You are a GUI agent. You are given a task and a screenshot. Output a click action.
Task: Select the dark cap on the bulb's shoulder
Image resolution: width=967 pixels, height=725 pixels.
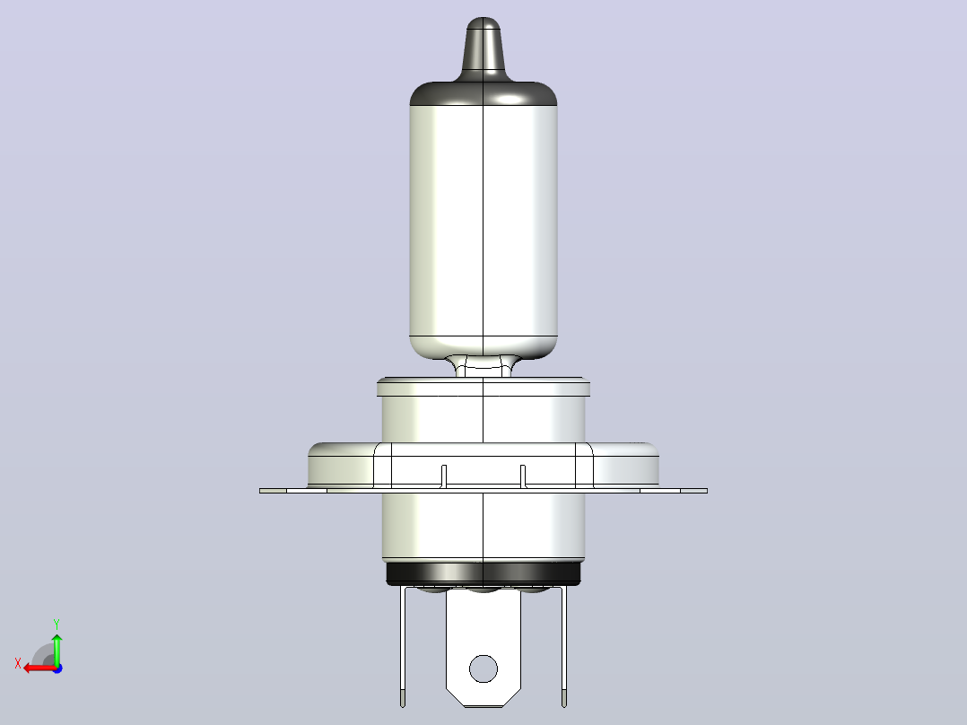pos(483,92)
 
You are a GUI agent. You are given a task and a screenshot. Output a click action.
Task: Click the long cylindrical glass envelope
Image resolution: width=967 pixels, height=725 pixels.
pos(483,223)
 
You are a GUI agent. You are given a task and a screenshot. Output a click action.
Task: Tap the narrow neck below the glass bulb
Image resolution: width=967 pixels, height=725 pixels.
pos(483,366)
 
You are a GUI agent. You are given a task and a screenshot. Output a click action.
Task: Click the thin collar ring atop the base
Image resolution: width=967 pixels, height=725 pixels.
pos(483,387)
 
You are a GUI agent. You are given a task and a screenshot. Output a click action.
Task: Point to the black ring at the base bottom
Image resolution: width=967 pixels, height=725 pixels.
pos(483,573)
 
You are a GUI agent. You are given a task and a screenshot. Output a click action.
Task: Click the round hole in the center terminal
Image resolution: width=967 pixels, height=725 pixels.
pos(483,668)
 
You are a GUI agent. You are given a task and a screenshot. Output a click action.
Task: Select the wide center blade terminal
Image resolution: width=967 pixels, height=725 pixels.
pos(483,648)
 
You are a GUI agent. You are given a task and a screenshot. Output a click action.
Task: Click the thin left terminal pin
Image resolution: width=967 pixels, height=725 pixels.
pos(403,647)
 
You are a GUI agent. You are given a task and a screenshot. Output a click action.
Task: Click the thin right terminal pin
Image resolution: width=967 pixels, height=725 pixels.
pos(563,647)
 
